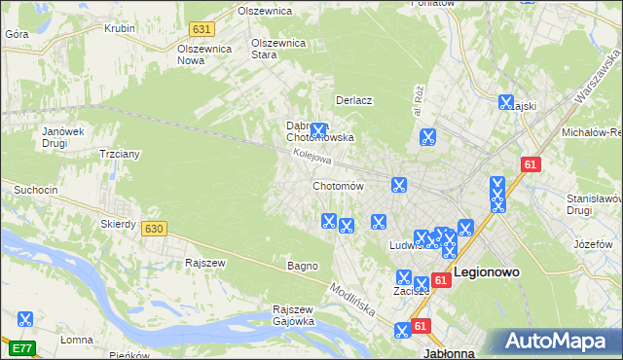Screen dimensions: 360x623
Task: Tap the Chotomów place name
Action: click(338, 186)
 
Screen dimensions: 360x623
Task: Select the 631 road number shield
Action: click(202, 30)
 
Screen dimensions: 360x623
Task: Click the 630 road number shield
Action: click(153, 229)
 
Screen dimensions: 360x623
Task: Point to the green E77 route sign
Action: click(22, 346)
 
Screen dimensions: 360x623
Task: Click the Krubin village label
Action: click(120, 28)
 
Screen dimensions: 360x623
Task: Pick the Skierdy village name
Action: click(118, 223)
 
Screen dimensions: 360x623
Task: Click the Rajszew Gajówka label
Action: click(293, 315)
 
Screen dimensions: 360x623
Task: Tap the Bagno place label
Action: click(302, 266)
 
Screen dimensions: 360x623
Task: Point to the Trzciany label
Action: click(121, 154)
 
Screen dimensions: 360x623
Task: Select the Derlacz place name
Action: click(354, 100)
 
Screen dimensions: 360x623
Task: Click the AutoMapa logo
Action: click(559, 342)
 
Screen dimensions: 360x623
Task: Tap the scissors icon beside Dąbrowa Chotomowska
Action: click(318, 129)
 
